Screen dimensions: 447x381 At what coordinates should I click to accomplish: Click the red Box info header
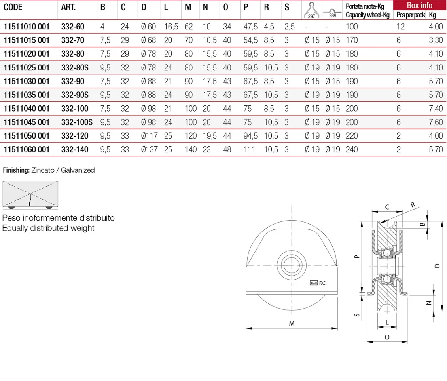[420, 5]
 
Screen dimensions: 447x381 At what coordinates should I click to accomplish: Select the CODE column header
[13, 7]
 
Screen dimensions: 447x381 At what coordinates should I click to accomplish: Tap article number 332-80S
[75, 68]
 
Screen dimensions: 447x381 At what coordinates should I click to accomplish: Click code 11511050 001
[27, 136]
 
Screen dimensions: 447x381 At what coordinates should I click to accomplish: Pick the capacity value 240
[352, 150]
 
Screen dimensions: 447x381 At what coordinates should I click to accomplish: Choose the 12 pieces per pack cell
[401, 27]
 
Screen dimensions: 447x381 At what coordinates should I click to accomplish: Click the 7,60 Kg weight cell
[436, 122]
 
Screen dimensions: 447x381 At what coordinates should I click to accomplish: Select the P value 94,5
[250, 136]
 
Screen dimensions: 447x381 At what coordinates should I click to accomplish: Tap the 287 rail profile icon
[312, 10]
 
